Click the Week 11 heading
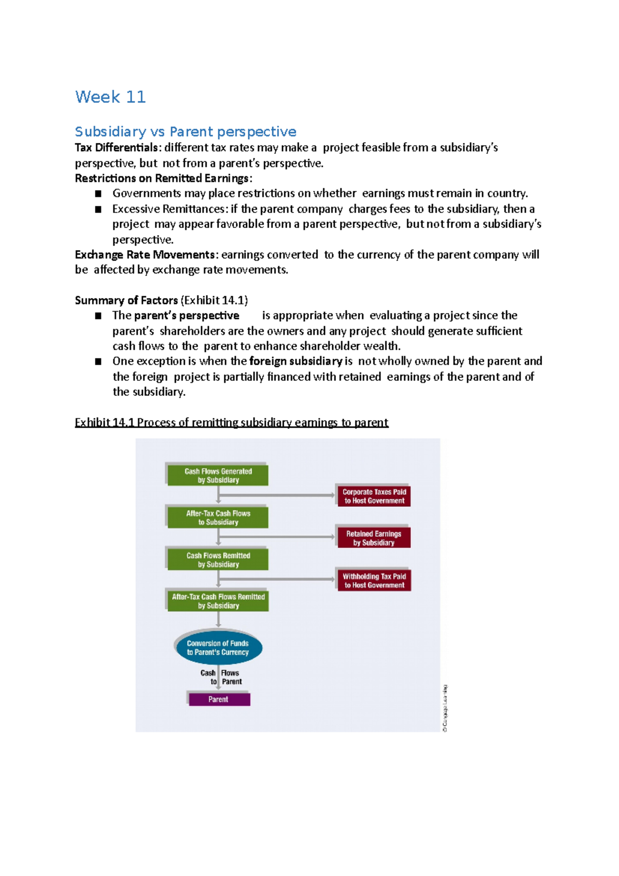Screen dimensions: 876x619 pyautogui.click(x=110, y=97)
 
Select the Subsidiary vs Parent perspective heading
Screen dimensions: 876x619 pyautogui.click(x=185, y=132)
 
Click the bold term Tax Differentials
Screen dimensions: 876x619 pyautogui.click(x=117, y=148)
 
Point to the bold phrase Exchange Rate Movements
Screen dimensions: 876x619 pyautogui.click(x=145, y=255)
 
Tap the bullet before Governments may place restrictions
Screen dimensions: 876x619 pyautogui.click(x=98, y=194)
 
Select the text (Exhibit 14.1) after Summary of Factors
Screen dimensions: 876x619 pyautogui.click(x=214, y=300)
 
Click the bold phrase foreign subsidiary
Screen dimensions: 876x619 pyautogui.click(x=296, y=361)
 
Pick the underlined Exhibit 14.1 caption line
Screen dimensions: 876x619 pyautogui.click(x=231, y=423)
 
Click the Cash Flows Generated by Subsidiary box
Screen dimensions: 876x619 pyautogui.click(x=218, y=475)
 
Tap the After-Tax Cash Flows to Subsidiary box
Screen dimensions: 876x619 pyautogui.click(x=218, y=517)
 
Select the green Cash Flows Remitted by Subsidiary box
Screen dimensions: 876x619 pyautogui.click(x=218, y=560)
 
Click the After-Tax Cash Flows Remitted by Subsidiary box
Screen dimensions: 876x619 pyautogui.click(x=218, y=601)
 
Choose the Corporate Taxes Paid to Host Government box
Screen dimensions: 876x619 pyautogui.click(x=374, y=496)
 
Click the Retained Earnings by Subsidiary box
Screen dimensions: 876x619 pyautogui.click(x=374, y=538)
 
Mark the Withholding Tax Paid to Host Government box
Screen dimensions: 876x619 pyautogui.click(x=374, y=580)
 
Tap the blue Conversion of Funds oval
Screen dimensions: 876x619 pyautogui.click(x=218, y=647)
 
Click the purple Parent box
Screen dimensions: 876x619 pyautogui.click(x=219, y=699)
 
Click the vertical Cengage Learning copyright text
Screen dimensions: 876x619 pyautogui.click(x=445, y=708)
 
